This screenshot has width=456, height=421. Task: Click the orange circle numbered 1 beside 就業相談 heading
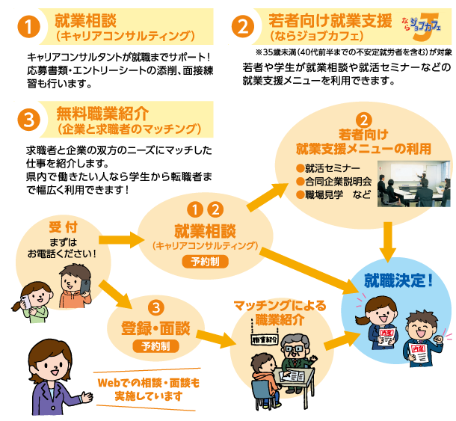click(x=28, y=26)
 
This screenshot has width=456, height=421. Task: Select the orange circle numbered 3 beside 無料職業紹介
click(x=28, y=120)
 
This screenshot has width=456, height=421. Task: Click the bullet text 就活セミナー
click(x=332, y=168)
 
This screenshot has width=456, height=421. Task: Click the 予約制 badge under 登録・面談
click(x=155, y=346)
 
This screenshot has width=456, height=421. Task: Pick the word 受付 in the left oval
click(x=63, y=226)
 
